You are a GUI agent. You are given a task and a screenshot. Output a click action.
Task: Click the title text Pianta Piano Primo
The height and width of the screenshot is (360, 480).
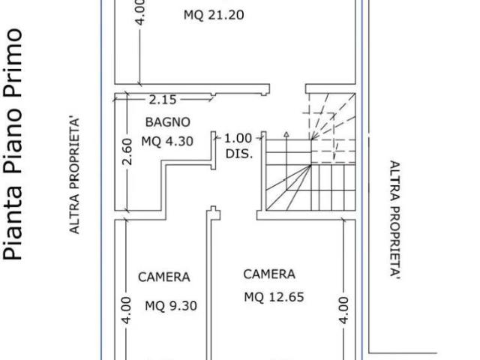click(x=12, y=145)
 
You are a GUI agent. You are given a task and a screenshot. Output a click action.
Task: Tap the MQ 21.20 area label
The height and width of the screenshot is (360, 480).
click(x=214, y=15)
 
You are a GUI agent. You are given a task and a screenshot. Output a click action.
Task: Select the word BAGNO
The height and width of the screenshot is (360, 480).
click(x=167, y=122)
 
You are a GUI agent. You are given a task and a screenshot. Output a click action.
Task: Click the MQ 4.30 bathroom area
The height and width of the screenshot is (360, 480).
click(x=167, y=142)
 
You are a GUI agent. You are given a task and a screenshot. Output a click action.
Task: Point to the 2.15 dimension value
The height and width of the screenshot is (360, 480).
click(x=163, y=100)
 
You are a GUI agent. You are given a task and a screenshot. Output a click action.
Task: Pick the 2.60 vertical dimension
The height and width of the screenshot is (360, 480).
click(x=127, y=151)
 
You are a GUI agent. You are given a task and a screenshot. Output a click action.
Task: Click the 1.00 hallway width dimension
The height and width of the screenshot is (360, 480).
click(x=238, y=138)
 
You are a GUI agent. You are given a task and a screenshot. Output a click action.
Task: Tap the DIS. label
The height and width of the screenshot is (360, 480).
click(x=239, y=154)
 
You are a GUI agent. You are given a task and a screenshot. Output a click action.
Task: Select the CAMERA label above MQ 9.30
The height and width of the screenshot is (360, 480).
click(x=164, y=277)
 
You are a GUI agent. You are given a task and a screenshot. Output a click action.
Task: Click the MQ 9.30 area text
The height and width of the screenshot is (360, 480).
click(x=171, y=305)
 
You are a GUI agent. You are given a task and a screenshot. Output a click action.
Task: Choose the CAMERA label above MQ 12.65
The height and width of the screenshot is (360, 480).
click(x=269, y=274)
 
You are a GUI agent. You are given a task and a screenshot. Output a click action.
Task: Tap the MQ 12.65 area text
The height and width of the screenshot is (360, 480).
click(x=274, y=297)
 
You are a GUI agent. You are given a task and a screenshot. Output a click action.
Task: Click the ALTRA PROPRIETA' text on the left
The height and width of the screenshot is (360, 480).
click(x=74, y=175)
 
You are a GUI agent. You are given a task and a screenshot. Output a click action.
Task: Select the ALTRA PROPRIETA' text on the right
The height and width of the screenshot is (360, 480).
click(x=395, y=220)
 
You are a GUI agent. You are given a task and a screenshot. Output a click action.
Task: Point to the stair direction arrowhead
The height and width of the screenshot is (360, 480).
click(x=286, y=134)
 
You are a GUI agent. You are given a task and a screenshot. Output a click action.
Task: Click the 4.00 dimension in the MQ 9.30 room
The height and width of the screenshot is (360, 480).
click(x=127, y=310)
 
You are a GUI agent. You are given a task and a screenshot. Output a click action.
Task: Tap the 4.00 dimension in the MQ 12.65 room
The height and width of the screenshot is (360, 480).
click(x=343, y=310)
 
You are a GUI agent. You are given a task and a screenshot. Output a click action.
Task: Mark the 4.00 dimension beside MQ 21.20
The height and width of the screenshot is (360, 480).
click(x=140, y=12)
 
